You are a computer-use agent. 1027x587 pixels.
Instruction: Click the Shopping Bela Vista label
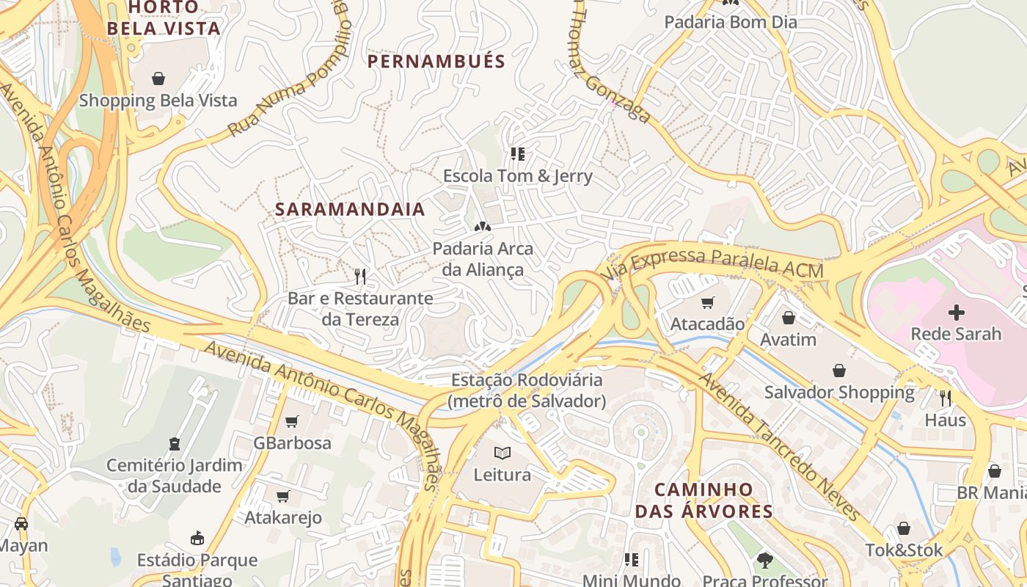(158, 101)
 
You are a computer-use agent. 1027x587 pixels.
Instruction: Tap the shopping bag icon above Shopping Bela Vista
(158, 79)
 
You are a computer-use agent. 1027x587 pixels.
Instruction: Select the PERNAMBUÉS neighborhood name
(436, 61)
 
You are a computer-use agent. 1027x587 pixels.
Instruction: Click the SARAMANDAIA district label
(350, 209)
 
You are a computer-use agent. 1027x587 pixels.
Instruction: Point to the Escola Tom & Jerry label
(517, 176)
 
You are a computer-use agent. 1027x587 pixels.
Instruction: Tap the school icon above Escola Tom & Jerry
(518, 154)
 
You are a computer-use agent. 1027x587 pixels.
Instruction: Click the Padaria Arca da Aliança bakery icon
(483, 227)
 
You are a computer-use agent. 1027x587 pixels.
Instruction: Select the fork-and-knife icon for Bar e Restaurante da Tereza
(360, 277)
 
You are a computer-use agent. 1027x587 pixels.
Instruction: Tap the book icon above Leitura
(502, 453)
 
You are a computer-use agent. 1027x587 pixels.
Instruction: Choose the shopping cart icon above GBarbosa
(292, 421)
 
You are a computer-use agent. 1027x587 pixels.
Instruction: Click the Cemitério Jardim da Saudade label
(174, 475)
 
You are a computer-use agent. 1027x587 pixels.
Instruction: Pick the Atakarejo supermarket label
(283, 518)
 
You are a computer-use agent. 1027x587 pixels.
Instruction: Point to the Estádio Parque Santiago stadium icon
(197, 539)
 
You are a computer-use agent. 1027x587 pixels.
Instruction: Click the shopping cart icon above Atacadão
(708, 302)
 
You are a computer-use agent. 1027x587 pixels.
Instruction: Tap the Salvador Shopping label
(839, 393)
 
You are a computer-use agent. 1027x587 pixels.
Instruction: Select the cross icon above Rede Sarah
(956, 313)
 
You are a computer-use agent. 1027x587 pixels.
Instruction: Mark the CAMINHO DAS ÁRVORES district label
(703, 500)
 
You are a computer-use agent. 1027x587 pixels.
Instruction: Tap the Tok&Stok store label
(904, 550)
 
